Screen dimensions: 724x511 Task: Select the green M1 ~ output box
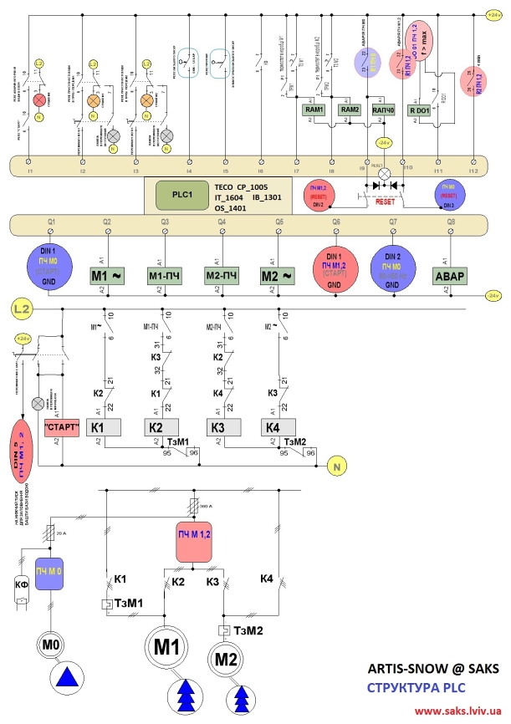pos(107,275)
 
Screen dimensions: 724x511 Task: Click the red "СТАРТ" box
pos(61,427)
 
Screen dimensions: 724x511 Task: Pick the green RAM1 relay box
pos(315,110)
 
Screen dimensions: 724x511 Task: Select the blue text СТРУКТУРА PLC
pos(416,688)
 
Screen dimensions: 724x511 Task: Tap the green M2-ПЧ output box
pos(222,275)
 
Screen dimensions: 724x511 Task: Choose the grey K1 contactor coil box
pos(106,427)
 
